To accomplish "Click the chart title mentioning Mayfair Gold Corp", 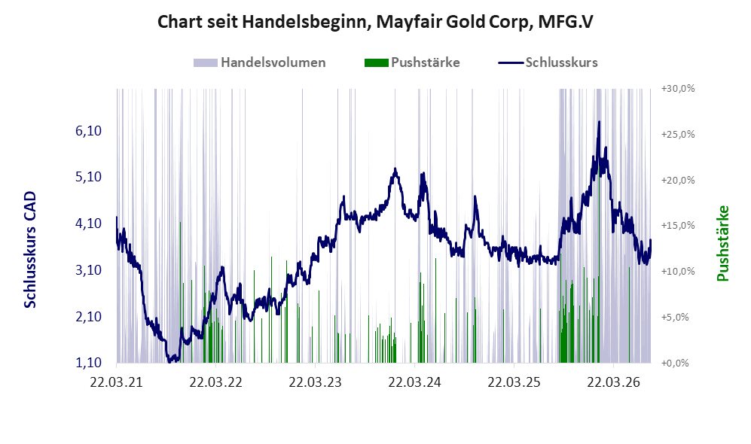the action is tap(375, 22).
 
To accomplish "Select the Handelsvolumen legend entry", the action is tap(260, 62).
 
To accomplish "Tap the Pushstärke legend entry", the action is tap(412, 62).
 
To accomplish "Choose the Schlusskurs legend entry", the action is tap(548, 62).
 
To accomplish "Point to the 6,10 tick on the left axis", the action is tap(89, 131).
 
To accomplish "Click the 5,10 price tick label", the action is tap(89, 177).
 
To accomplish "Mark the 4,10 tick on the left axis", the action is tap(89, 224).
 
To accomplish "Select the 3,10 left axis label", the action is tap(89, 270).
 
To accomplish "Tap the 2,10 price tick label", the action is tap(89, 316).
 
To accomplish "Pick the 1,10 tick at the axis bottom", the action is tap(89, 363).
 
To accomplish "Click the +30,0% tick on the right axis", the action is tap(678, 89).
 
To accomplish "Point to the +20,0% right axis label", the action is tap(678, 180).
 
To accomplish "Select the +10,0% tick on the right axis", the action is tap(678, 271).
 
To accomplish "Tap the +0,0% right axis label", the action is tap(675, 363).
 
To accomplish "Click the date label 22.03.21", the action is tap(117, 382).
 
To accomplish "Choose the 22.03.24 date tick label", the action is tap(414, 382).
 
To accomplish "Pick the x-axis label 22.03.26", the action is tap(614, 382).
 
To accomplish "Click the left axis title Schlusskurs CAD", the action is tap(30, 250).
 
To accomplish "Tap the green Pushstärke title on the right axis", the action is tap(722, 244).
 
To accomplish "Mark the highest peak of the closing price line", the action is tap(599, 122).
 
